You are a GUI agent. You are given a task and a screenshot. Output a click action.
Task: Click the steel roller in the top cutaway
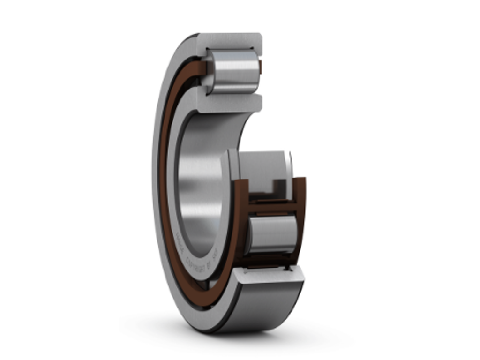coord(232,71)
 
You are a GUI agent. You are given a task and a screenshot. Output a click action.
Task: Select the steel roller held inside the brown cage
coord(272,234)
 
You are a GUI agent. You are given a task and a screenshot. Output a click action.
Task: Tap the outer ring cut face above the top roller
coord(230,41)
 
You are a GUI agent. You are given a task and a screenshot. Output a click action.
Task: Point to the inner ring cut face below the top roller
coord(230,103)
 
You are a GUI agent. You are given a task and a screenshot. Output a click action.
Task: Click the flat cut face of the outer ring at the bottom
coord(270,276)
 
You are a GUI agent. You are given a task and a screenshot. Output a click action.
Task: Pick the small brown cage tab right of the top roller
coord(261,68)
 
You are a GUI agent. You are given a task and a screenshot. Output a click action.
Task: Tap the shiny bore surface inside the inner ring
coord(197,187)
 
